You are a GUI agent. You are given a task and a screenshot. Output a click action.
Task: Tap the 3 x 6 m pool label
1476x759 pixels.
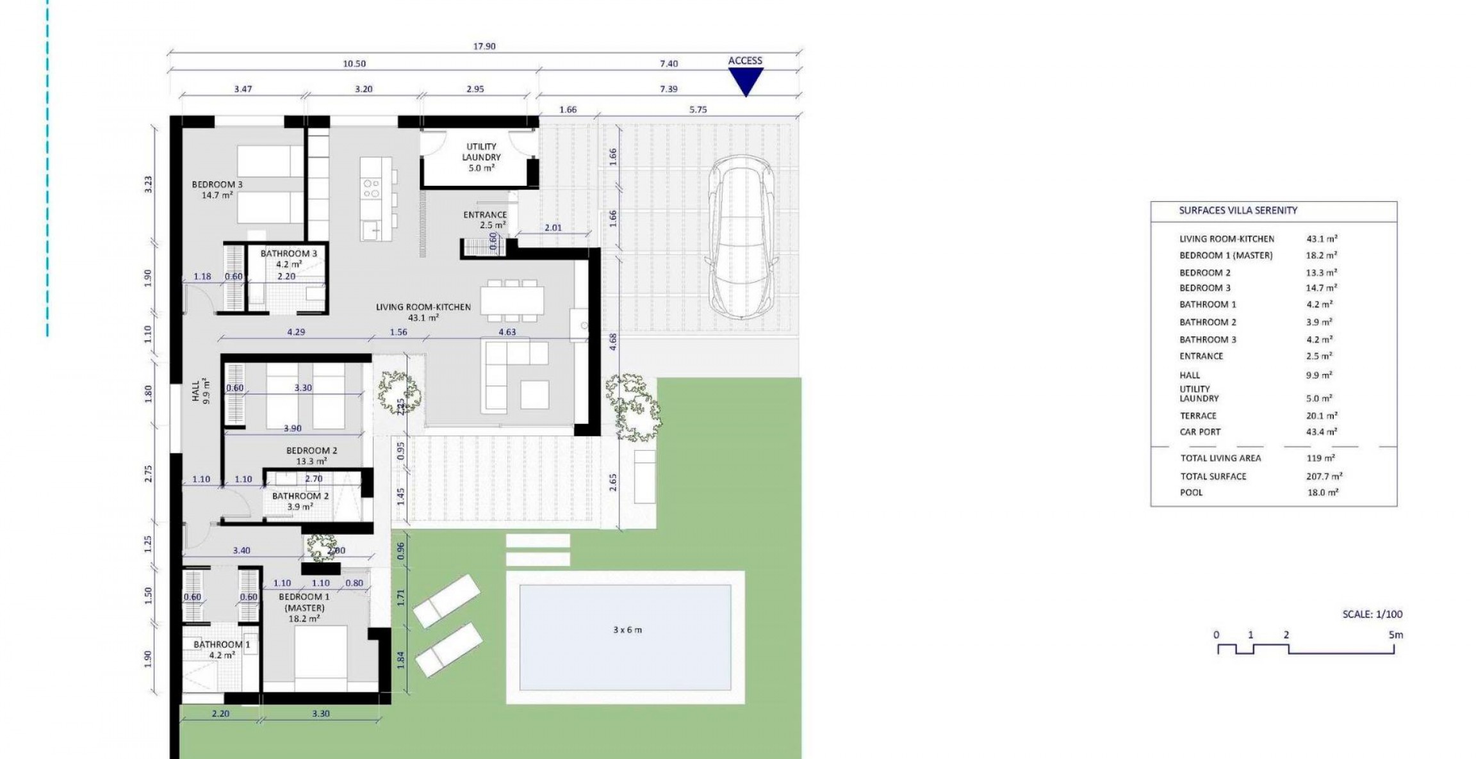coord(627,630)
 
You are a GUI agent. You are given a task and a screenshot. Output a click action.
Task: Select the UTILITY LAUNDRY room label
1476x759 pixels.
coord(481,157)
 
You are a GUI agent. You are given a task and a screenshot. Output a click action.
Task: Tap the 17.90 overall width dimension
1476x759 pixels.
coord(484,46)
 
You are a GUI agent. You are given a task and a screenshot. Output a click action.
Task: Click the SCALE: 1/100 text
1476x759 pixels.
coord(1372,614)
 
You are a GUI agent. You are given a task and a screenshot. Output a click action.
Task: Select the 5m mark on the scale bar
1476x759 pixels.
coord(1395,635)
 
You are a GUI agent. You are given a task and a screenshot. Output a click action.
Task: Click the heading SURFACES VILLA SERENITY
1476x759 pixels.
coord(1238,210)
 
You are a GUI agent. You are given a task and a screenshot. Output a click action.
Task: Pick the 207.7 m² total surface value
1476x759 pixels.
coord(1324,476)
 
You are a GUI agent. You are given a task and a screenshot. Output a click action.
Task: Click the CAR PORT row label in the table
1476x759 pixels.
coord(1200,432)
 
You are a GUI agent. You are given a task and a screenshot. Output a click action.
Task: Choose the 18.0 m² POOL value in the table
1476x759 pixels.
coord(1322,492)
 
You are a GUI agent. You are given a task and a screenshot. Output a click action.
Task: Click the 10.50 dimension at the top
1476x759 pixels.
coord(354,63)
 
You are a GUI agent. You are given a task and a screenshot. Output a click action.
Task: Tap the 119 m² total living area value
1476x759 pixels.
coord(1320,458)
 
